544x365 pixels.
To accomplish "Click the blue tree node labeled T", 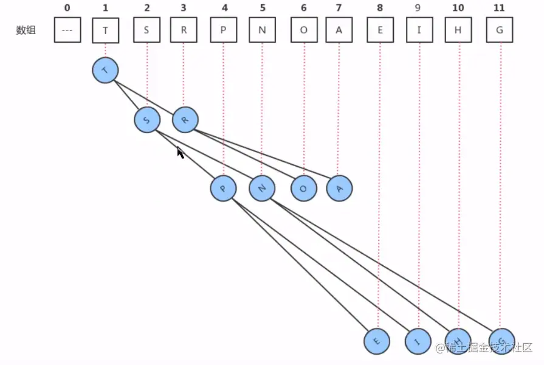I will tap(105, 71).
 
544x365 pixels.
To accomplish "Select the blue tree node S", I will tap(147, 119).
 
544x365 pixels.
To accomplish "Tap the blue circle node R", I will tap(185, 119).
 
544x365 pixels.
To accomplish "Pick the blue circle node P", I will tap(223, 188).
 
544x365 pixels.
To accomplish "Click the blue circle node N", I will tap(262, 188).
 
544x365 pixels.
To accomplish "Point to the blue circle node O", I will tap(303, 189).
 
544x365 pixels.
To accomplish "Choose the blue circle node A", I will tap(339, 189).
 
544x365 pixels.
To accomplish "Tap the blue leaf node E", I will tap(377, 341).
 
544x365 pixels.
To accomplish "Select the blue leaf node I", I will tap(418, 341).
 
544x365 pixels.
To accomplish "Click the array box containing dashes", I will tap(67, 30).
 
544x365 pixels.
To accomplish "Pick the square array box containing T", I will tap(106, 30).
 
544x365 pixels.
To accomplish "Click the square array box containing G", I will tap(500, 30).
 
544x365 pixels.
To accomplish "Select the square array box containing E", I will tap(380, 30).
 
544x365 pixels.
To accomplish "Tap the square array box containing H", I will tap(458, 30).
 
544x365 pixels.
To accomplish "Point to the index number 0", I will tap(67, 8).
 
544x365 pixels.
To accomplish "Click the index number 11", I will tap(499, 8).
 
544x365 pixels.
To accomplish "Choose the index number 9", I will tap(419, 8).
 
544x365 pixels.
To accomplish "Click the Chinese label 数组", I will tap(26, 30).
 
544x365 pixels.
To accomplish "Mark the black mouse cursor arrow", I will tap(180, 152).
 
